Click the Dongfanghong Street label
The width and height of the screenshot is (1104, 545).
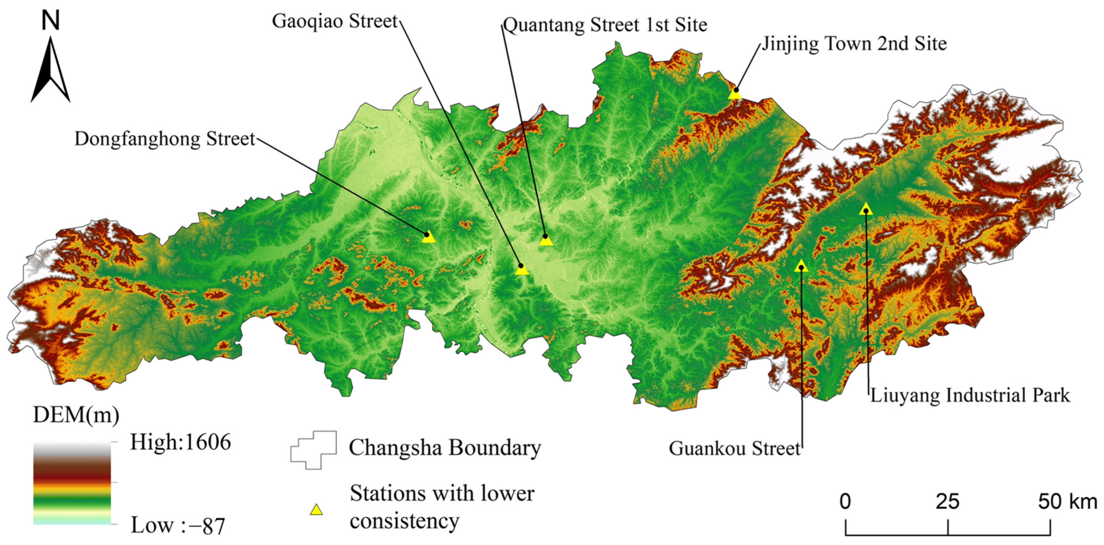point(165,139)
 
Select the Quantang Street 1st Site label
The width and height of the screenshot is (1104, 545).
point(605,25)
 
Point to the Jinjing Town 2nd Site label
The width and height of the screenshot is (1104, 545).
point(854,44)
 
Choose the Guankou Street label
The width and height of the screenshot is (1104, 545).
point(734,448)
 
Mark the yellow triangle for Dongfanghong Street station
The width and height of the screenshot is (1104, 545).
point(428,237)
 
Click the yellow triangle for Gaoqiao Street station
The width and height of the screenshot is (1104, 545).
point(521,269)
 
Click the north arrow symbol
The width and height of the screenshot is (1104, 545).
point(51,71)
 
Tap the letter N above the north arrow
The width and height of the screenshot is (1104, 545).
point(51,20)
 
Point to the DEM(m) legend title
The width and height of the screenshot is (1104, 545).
point(76,415)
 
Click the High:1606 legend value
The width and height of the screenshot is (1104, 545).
point(180,442)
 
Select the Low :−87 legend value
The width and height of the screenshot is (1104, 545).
point(177,525)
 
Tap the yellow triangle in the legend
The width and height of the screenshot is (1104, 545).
point(316,510)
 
